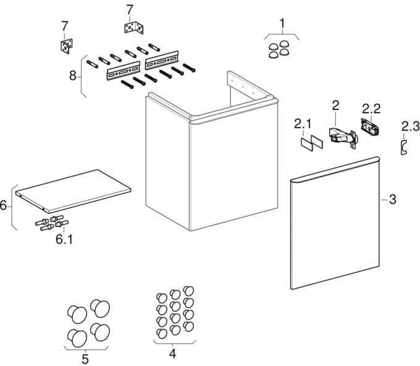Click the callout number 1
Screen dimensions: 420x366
coord(282,23)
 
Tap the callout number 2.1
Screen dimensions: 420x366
coord(303,124)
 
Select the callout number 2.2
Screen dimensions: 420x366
coord(371,109)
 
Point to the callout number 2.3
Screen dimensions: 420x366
coord(410,126)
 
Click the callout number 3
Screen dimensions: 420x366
coord(392,200)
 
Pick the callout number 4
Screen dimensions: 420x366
coord(173,354)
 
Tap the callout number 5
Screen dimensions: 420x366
coord(85,359)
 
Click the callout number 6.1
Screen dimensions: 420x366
coord(64,239)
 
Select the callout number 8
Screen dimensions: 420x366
coord(73,75)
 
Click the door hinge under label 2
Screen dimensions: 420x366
coord(343,137)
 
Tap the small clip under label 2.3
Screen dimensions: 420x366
coord(404,147)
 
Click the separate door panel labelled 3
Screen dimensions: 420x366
coord(335,223)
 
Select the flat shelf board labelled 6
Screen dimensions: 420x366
coord(73,191)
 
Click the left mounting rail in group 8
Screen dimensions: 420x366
coord(124,70)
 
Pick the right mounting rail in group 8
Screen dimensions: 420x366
coord(162,60)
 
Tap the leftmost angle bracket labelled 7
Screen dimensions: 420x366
coord(67,46)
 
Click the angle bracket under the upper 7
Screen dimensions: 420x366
coord(134,28)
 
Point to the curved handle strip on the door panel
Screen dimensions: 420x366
coord(335,169)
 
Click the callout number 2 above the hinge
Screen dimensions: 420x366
coord(335,106)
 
